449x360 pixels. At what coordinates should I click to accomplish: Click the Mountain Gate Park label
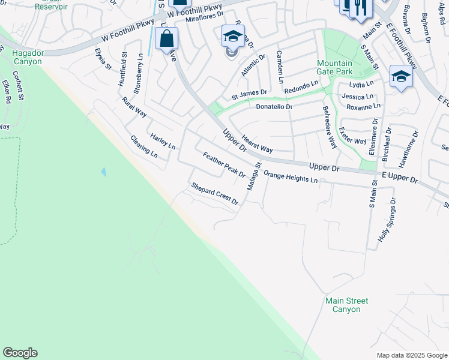tap(334, 68)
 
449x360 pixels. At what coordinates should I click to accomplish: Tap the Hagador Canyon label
tap(27, 58)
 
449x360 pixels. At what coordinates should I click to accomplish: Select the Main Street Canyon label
tap(346, 305)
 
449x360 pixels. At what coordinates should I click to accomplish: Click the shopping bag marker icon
tap(166, 39)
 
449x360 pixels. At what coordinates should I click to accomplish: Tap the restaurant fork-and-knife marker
tap(361, 8)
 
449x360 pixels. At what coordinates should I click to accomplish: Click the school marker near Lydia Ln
tap(400, 76)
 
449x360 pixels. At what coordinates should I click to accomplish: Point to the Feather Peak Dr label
tap(224, 165)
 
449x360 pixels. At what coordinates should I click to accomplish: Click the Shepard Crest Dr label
tap(215, 194)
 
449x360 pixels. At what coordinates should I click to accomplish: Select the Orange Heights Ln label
tap(291, 178)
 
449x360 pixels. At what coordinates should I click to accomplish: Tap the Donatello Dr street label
tap(274, 107)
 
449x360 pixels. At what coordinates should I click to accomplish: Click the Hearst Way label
tap(258, 143)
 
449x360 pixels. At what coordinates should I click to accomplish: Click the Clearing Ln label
tap(144, 146)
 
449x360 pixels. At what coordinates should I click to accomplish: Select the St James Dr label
tap(249, 94)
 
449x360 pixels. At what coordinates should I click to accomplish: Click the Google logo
tap(20, 353)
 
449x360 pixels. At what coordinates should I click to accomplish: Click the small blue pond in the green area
tap(104, 172)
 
